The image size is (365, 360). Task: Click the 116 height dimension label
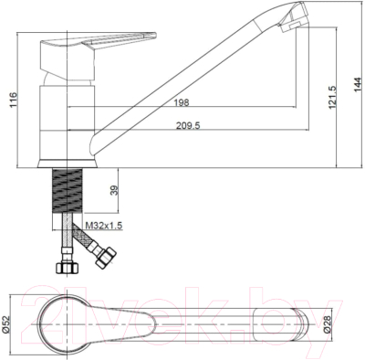13,100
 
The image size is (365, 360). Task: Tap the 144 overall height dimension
358,85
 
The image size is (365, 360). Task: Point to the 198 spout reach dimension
182,102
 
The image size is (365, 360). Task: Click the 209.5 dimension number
188,125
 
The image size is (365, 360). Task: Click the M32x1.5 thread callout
104,226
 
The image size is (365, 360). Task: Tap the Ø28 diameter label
326,324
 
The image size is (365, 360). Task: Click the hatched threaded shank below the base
68,191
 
